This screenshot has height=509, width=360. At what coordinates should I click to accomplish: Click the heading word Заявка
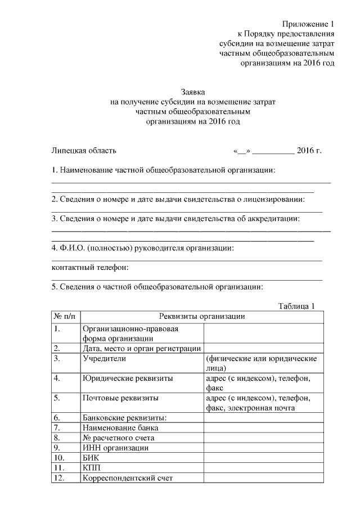pos(193,91)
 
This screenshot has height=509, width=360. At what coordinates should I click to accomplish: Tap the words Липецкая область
pos(84,151)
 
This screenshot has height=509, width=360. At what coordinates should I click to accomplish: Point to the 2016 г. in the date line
pos(309,151)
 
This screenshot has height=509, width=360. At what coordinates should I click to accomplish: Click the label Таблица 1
pos(296,306)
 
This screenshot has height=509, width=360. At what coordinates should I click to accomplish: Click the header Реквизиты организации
pos(202,317)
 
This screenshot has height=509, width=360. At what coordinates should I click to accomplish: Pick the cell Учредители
pos(104,358)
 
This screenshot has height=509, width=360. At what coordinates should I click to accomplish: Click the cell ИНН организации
pos(115,448)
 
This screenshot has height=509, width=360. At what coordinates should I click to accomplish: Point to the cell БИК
pos(91,458)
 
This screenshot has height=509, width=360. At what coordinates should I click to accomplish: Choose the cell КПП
pos(92,469)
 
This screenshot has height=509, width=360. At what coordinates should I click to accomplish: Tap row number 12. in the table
pos(61,479)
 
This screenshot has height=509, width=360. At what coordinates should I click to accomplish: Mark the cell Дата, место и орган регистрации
pos(141,348)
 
